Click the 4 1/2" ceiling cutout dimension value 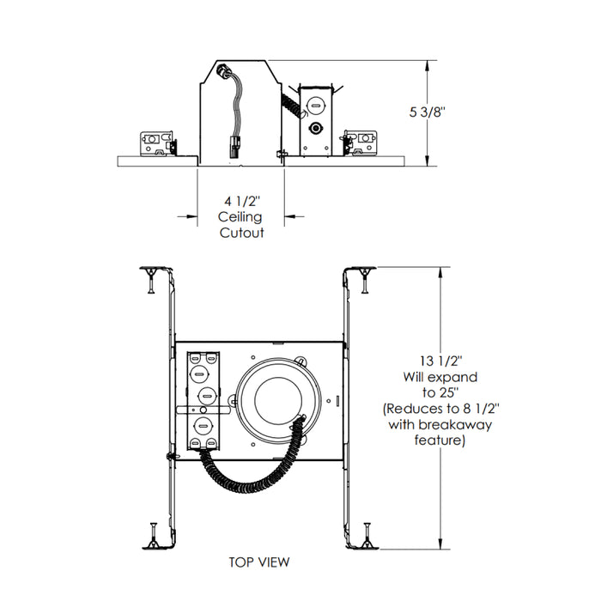click(240, 201)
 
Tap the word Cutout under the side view click(240, 232)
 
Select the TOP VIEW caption click(259, 562)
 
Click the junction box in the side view click(315, 121)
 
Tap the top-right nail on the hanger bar click(367, 276)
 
